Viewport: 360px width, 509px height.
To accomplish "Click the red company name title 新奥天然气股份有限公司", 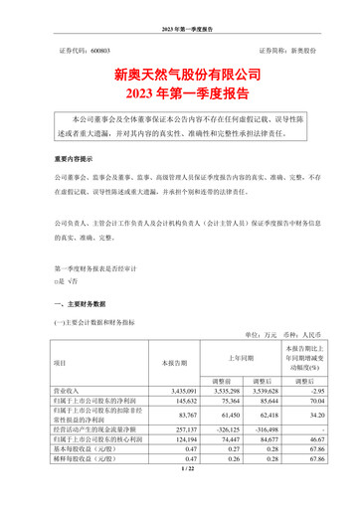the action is [x=180, y=74].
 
